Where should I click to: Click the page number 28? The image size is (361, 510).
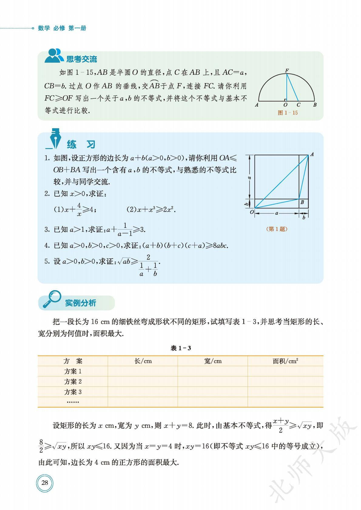tap(45, 483)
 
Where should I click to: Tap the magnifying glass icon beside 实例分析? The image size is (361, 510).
tap(52, 299)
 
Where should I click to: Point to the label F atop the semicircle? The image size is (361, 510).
tap(287, 71)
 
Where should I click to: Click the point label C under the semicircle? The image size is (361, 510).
tap(299, 105)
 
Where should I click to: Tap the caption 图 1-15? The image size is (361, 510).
tap(288, 113)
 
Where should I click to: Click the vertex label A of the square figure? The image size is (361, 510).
tap(312, 154)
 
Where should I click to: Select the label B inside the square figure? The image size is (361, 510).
tap(302, 202)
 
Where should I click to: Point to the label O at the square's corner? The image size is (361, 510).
tap(251, 212)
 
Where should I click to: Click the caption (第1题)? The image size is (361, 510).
tap(276, 229)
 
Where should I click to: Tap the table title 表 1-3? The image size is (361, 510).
tap(181, 348)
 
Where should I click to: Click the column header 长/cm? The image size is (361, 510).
tap(143, 361)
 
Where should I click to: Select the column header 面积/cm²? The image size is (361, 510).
tap(285, 361)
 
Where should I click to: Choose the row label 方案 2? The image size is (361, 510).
tap(73, 382)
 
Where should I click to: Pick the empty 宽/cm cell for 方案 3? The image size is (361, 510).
tap(212, 392)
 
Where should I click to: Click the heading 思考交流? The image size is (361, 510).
tap(82, 59)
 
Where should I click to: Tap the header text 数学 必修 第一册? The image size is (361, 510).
tap(62, 28)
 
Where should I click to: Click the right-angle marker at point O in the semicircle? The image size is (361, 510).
tap(285, 99)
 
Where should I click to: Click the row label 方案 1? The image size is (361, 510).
tap(73, 371)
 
